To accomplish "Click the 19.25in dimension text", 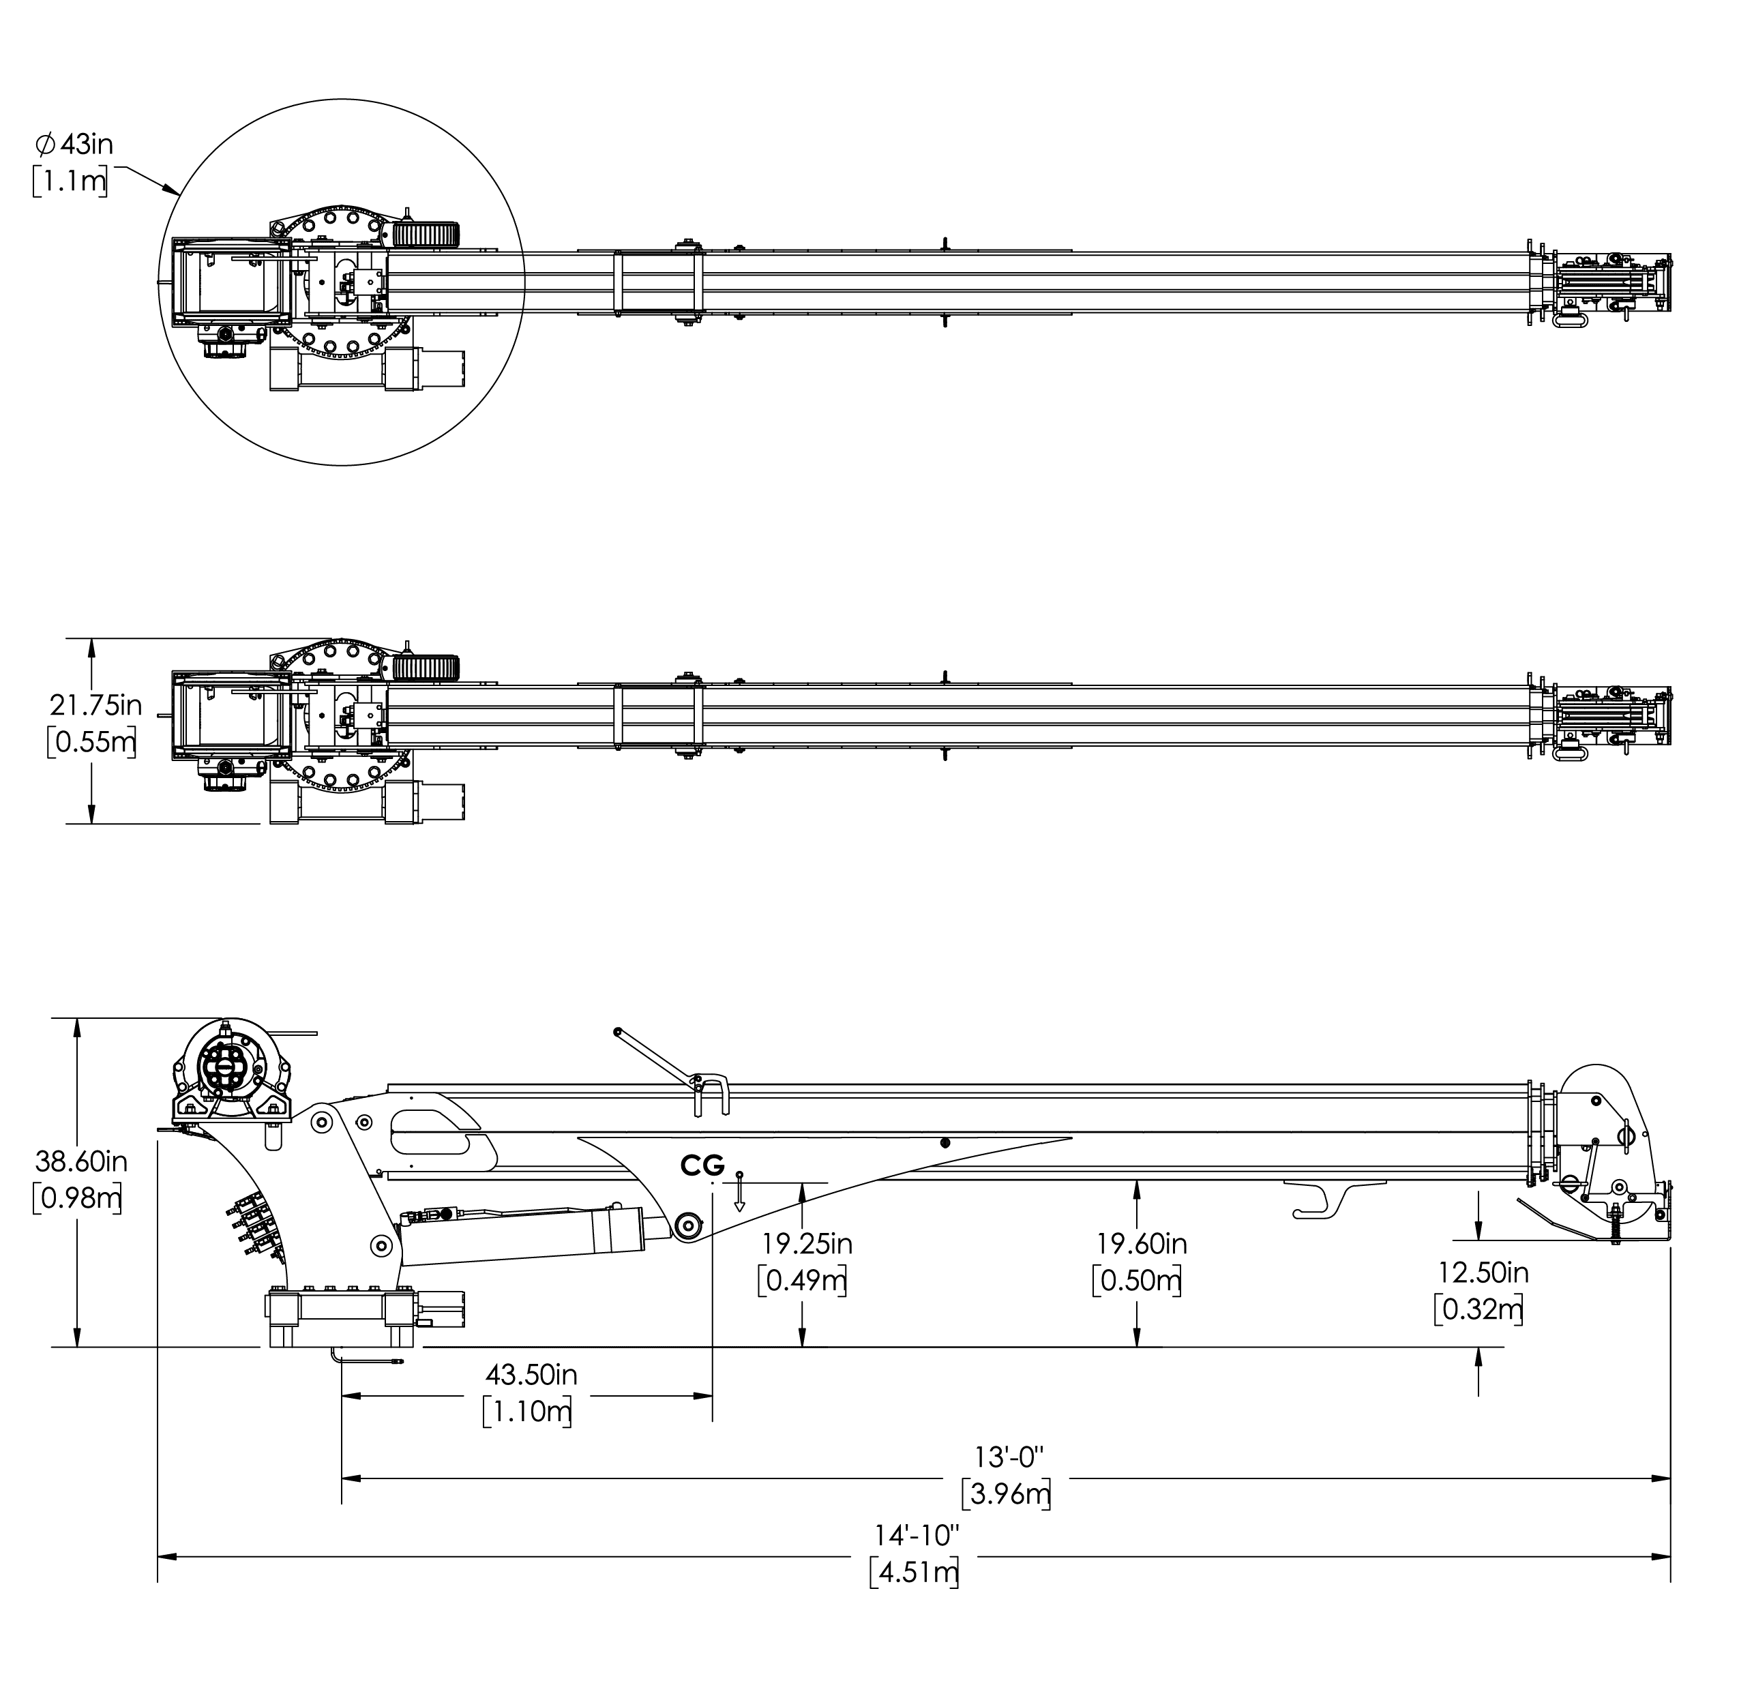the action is pos(807,1244).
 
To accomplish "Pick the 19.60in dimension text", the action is pos(1142,1244).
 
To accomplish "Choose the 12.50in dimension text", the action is pos(1483,1273).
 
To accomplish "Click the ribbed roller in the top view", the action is pos(425,234).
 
